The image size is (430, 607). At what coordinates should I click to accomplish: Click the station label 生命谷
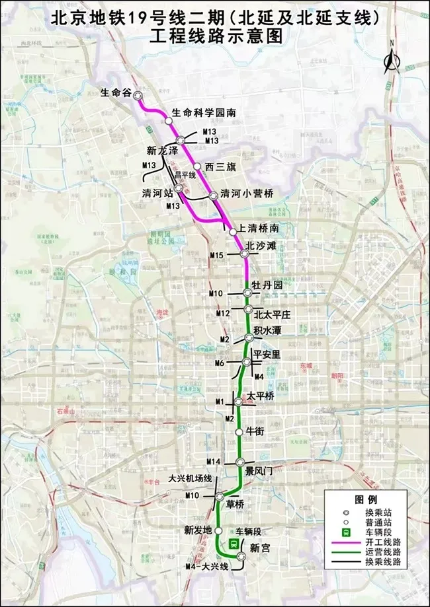[x=118, y=92]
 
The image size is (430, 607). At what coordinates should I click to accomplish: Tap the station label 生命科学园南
[x=204, y=113]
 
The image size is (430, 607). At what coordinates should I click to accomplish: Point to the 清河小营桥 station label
[x=247, y=194]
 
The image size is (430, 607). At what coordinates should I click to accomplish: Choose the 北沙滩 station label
[x=260, y=246]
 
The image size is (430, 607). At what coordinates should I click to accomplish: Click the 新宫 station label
[x=259, y=547]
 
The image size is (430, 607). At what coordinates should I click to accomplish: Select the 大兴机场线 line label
[x=190, y=478]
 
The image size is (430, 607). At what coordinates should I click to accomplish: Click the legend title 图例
[x=366, y=499]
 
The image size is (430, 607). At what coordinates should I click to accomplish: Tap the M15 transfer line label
[x=216, y=255]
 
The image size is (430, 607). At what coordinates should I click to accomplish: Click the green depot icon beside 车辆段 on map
[x=233, y=544]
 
